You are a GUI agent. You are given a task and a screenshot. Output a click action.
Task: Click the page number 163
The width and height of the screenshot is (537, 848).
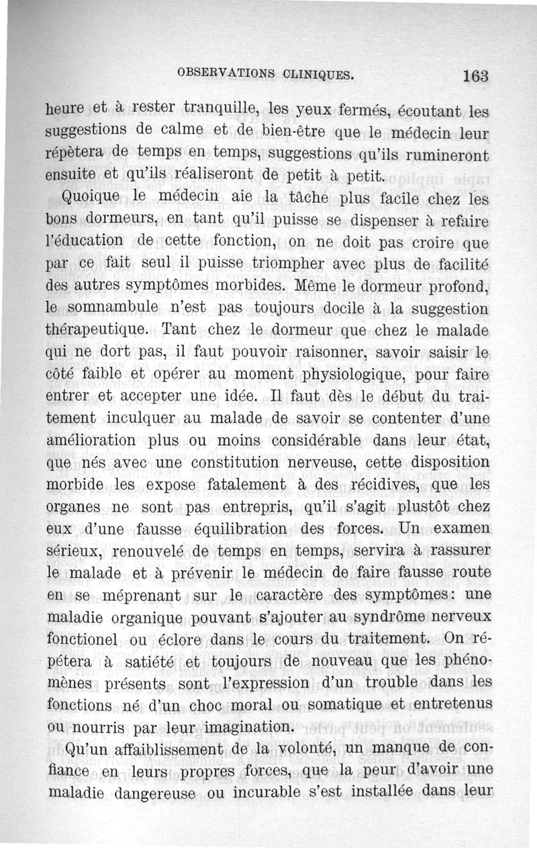pyautogui.click(x=475, y=75)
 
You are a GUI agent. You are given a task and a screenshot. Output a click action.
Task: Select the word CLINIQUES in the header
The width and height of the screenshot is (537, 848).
pyautogui.click(x=318, y=74)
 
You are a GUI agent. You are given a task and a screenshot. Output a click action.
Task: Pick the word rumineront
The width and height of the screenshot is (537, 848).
pyautogui.click(x=444, y=153)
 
